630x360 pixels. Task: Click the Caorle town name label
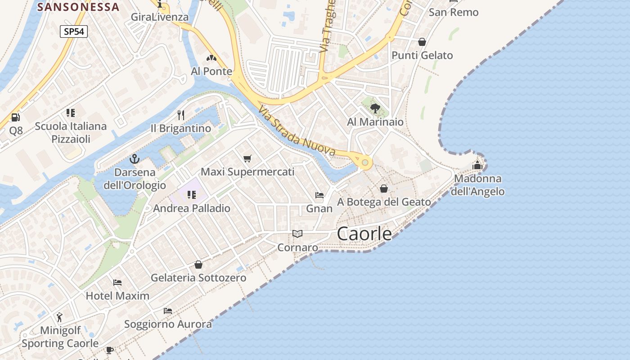pos(364,234)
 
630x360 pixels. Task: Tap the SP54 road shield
pos(73,31)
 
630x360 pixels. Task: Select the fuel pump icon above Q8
pos(16,117)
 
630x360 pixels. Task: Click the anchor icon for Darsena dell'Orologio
pos(134,159)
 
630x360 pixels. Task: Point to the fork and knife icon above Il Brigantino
pos(181,115)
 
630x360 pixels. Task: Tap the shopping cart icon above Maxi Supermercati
pos(247,158)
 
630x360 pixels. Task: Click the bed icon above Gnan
pos(319,195)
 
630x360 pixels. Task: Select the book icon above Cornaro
pos(297,234)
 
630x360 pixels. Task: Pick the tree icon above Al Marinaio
pos(375,108)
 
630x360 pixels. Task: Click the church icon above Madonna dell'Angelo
pos(477,165)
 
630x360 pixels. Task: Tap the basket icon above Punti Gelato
pos(422,42)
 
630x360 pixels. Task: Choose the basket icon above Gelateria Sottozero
pos(198,265)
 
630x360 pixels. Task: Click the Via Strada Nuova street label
pos(297,130)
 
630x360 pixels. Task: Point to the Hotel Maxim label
pos(117,296)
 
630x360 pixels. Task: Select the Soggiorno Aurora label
pos(168,324)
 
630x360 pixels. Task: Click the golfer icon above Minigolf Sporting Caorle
pos(59,317)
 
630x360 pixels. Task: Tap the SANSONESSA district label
pos(78,7)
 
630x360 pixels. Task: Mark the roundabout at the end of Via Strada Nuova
pos(365,162)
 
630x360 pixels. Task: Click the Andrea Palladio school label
pos(192,208)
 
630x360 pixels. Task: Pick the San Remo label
pos(453,12)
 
